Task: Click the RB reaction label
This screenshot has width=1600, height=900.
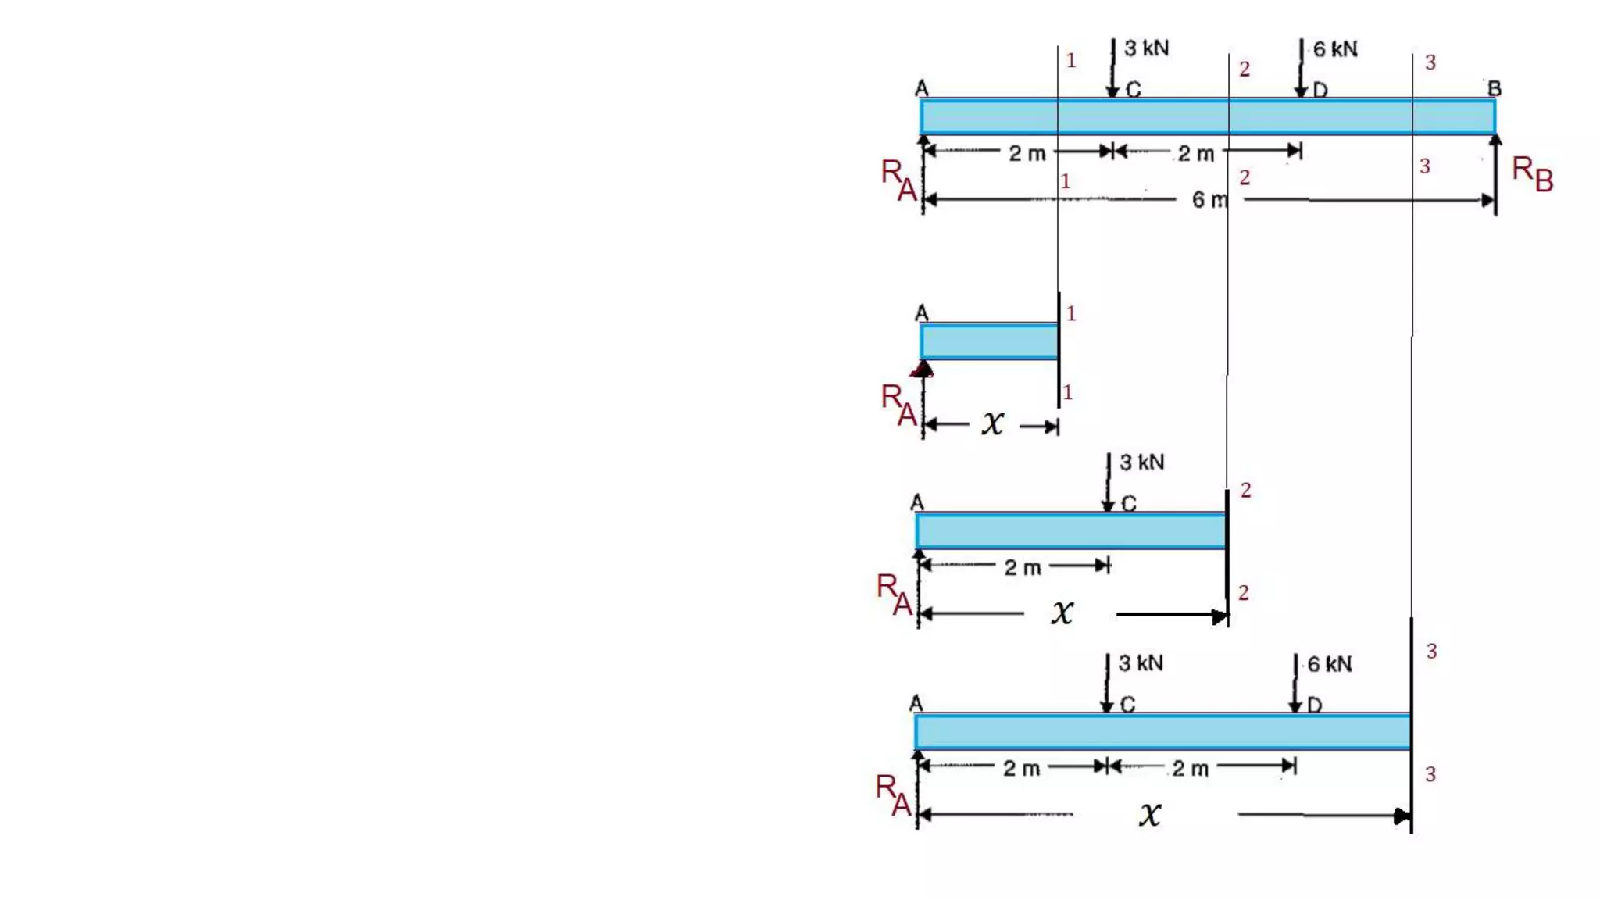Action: click(x=1532, y=173)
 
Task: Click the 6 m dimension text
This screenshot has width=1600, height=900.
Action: click(x=1209, y=200)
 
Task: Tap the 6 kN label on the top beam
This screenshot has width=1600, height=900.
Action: click(x=1334, y=49)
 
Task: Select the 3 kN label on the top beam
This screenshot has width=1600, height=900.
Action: click(x=1146, y=48)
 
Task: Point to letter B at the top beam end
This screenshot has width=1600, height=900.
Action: click(x=1494, y=88)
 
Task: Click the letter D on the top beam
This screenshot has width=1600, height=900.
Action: click(x=1320, y=91)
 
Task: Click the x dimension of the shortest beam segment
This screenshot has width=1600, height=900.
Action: click(x=992, y=424)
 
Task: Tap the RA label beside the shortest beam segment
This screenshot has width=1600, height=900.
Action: click(x=898, y=405)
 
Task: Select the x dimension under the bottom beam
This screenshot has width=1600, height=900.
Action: click(x=1149, y=815)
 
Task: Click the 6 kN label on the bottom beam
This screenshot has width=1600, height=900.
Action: click(x=1329, y=664)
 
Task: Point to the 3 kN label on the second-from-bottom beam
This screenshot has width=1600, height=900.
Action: click(x=1141, y=462)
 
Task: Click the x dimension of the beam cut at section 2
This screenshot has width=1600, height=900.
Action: click(x=1062, y=612)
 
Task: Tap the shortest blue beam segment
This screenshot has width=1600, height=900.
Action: click(x=989, y=342)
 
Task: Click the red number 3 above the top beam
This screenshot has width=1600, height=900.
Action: click(x=1430, y=62)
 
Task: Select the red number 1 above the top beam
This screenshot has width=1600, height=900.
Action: click(x=1071, y=60)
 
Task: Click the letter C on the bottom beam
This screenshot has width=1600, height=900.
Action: click(x=1127, y=705)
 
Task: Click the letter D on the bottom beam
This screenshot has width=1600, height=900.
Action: click(x=1314, y=705)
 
